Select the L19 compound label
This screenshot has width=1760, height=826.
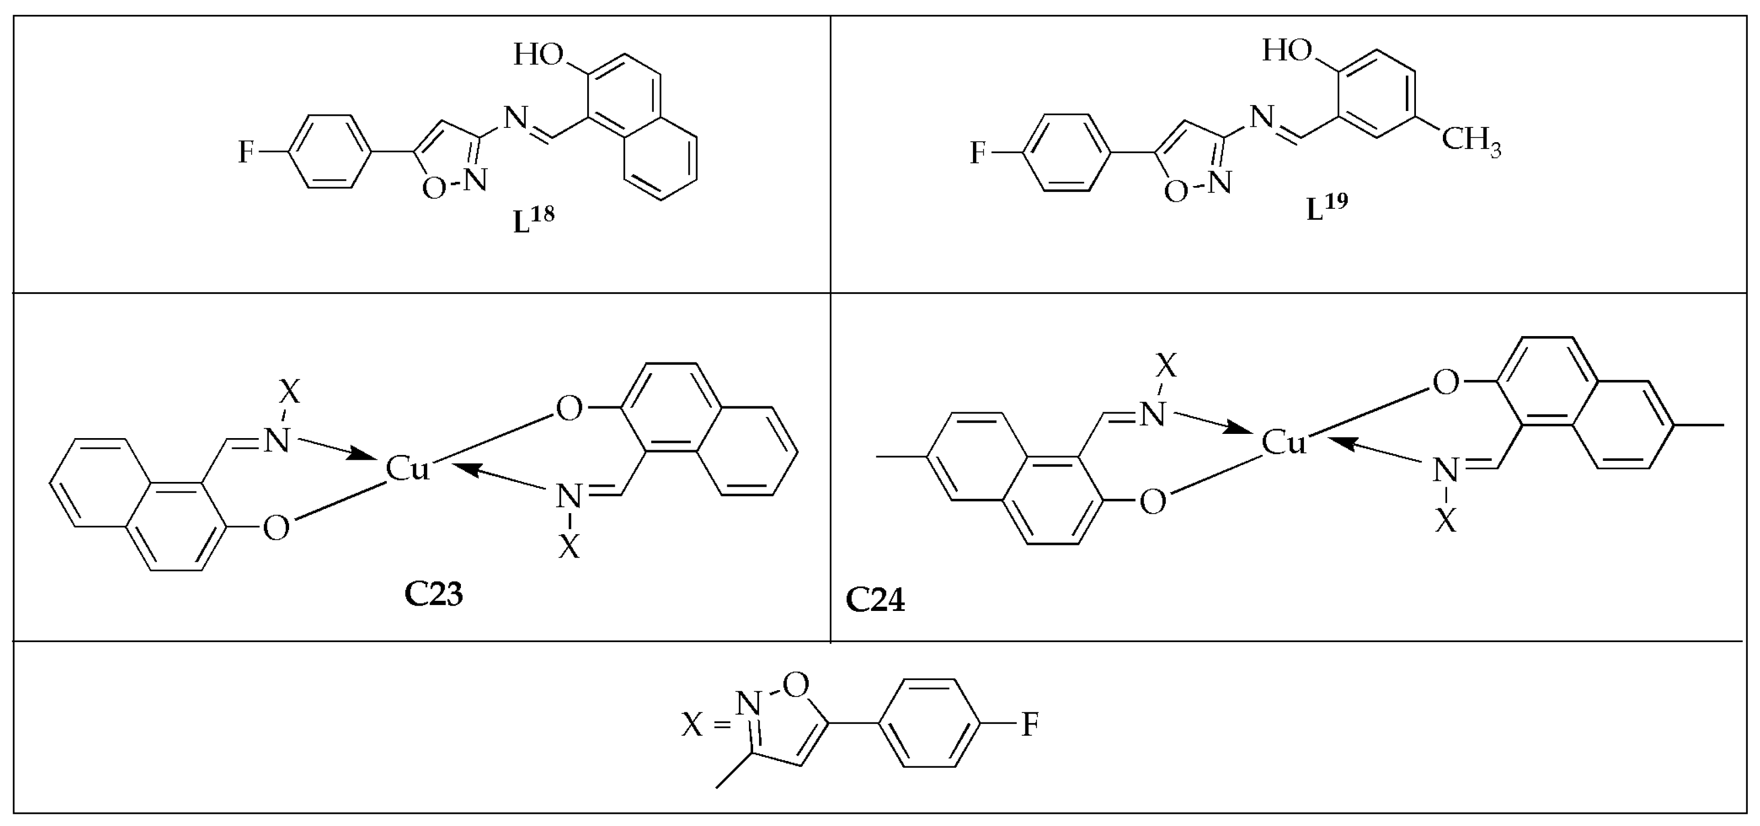tap(1326, 208)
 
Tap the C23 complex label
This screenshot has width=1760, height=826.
tap(434, 595)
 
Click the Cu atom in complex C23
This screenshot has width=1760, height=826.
tap(407, 469)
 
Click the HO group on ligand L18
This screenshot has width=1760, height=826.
tap(539, 54)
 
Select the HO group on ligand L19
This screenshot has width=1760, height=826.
tap(1286, 50)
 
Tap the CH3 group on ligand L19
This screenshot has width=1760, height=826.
tap(1471, 142)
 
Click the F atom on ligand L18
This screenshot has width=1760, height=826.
tap(245, 152)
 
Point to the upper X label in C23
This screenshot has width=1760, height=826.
tap(290, 392)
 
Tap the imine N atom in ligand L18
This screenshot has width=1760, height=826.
tap(516, 119)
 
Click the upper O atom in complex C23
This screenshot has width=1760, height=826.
tap(569, 409)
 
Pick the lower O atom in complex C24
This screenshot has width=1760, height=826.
tap(1153, 502)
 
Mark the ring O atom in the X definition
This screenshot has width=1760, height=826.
tap(796, 683)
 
